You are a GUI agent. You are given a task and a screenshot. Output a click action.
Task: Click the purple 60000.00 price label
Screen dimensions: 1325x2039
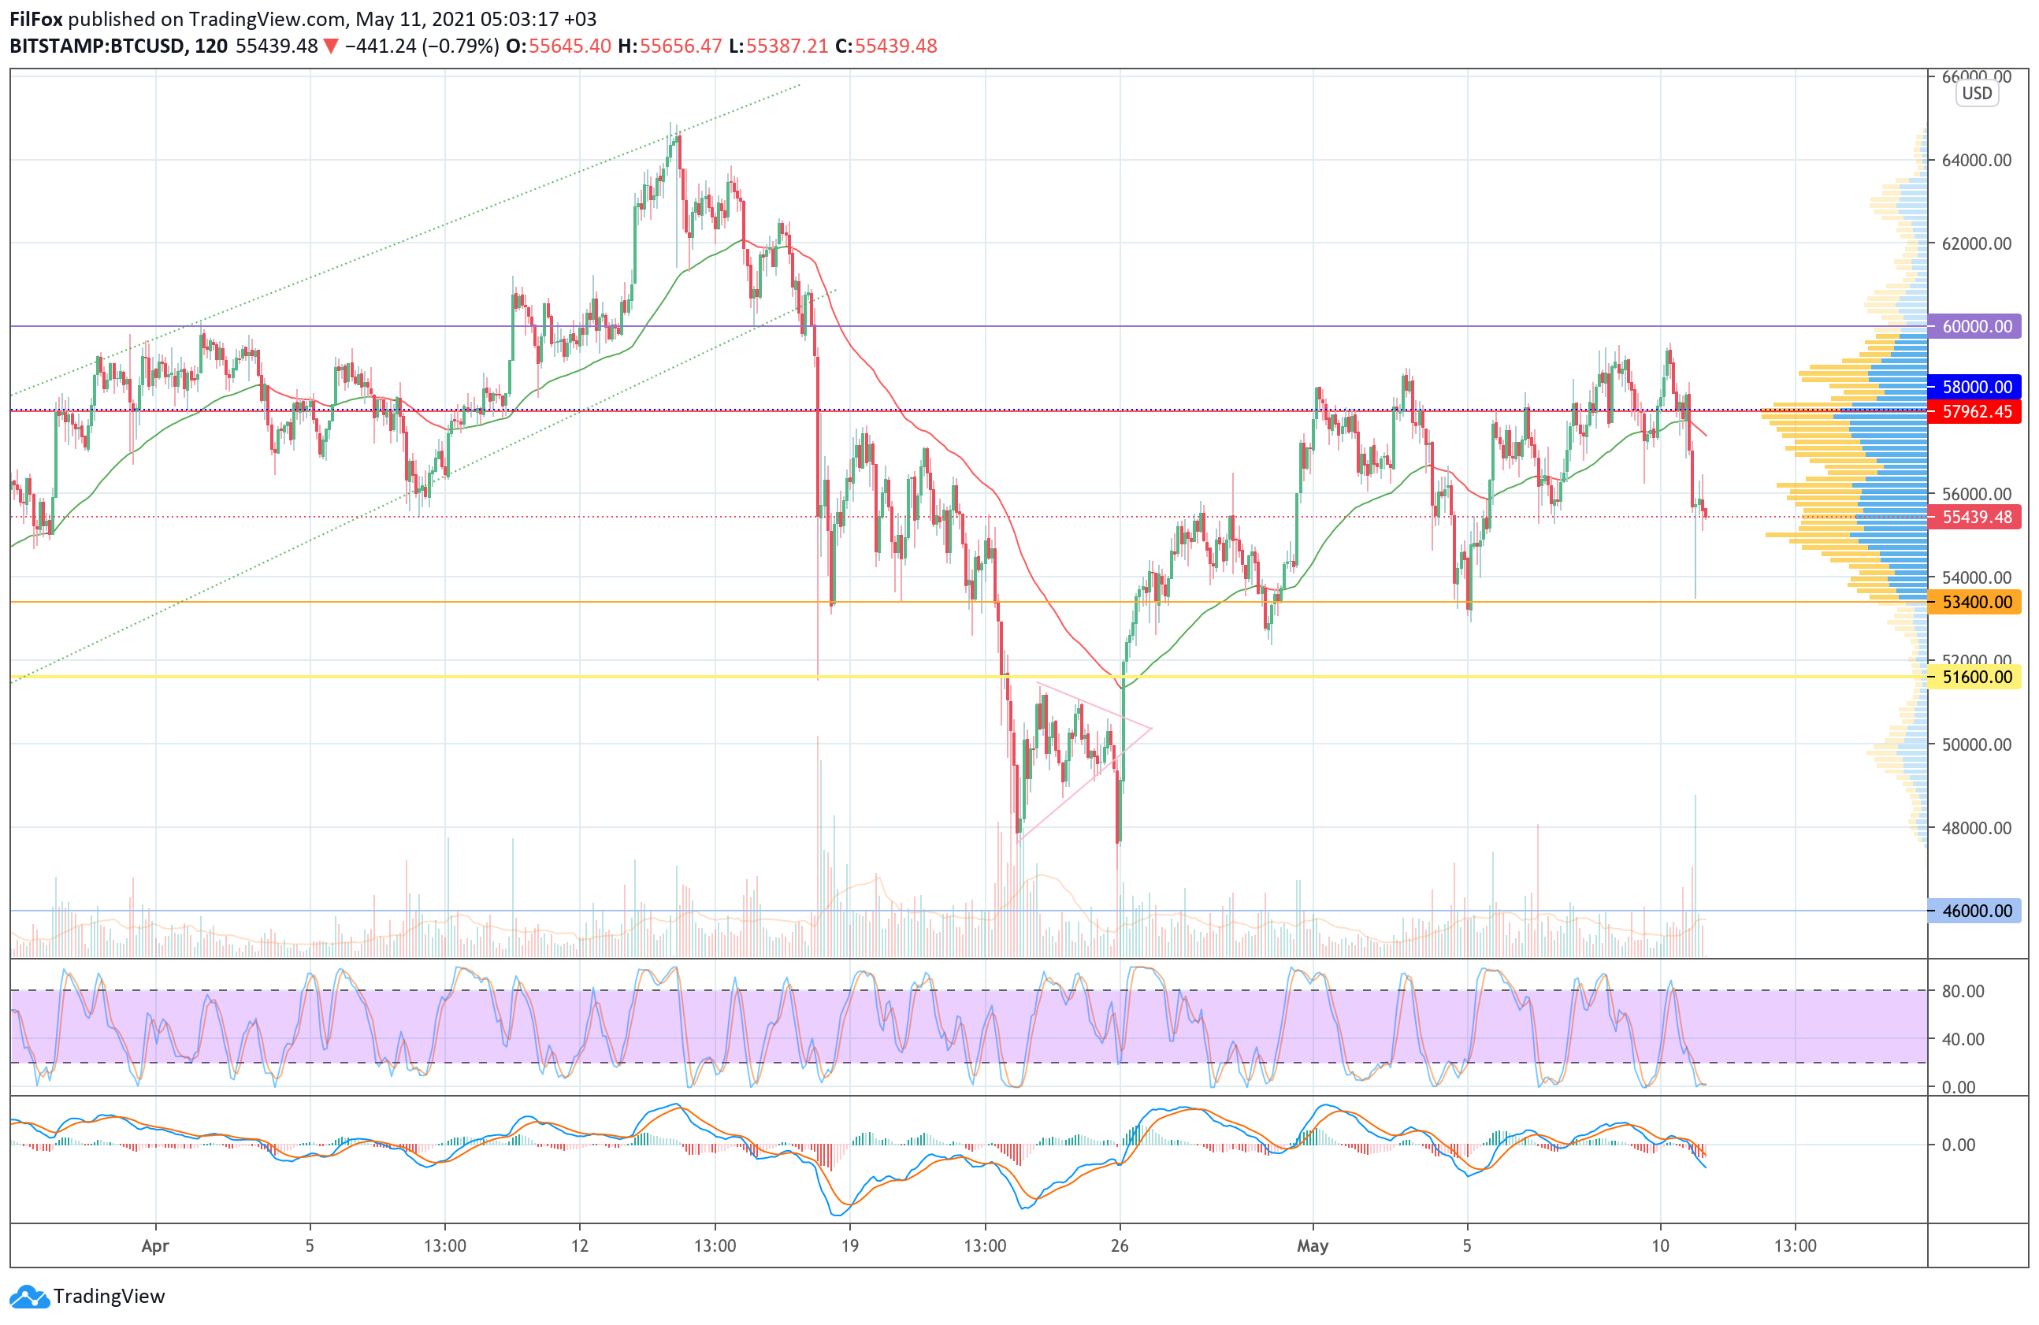1976,326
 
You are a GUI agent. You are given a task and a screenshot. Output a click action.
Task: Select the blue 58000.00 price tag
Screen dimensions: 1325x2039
1976,387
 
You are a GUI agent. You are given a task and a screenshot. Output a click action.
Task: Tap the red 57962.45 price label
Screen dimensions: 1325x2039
1976,412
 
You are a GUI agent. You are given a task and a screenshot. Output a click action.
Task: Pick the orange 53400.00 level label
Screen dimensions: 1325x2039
1976,602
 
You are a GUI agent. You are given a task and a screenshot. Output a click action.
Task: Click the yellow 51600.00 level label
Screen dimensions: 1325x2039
1976,677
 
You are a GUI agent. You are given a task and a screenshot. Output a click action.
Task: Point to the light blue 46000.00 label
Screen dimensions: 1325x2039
1976,911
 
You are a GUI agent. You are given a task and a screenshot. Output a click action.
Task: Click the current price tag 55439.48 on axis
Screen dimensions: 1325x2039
1976,518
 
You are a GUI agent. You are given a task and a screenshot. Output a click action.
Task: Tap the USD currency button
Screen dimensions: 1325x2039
1978,94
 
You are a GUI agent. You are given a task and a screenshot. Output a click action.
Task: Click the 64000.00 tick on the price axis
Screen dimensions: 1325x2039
1977,160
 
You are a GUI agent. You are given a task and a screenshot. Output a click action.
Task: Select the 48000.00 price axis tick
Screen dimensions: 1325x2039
1977,828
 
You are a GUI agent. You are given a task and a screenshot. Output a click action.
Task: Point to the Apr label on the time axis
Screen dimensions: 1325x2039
155,1245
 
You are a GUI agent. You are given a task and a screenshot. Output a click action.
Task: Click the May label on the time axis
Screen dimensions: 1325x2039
1313,1245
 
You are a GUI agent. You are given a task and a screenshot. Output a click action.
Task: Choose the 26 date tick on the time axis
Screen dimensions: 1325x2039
1120,1245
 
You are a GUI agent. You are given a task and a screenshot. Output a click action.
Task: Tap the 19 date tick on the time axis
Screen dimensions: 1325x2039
850,1245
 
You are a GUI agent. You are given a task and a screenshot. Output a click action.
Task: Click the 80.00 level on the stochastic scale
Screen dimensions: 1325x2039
1963,991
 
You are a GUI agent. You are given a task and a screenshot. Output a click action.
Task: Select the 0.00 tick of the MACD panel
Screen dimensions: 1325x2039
1959,1145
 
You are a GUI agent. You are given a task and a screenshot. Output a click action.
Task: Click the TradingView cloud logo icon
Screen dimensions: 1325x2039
30,1297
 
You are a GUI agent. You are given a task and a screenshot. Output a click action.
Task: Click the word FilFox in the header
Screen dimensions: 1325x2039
36,19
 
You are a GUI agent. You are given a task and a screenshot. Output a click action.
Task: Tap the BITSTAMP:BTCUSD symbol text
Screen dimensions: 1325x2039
97,46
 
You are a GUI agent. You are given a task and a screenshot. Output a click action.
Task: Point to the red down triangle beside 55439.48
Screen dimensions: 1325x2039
331,46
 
